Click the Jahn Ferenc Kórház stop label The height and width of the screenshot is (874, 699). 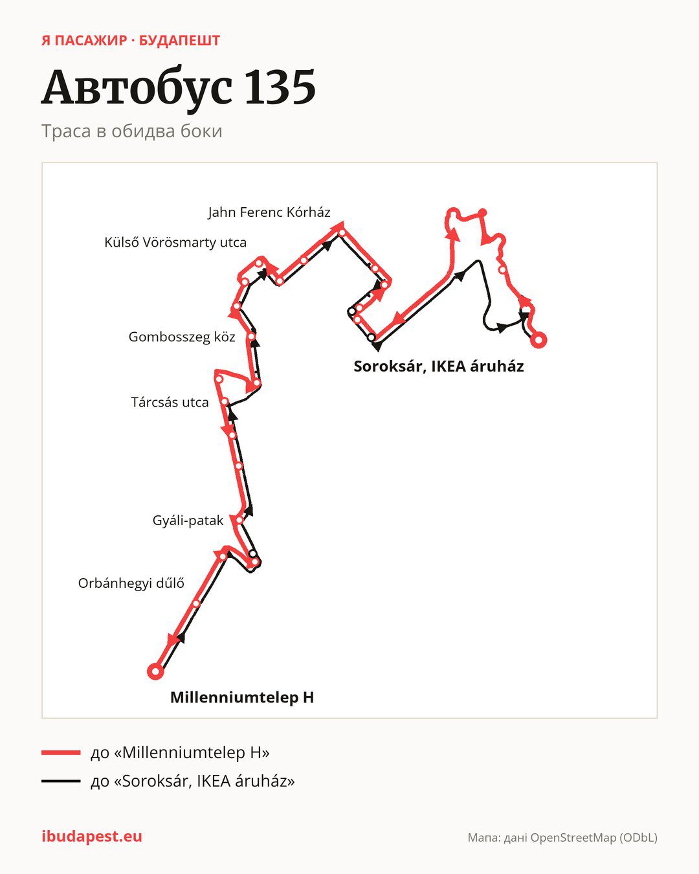[269, 212]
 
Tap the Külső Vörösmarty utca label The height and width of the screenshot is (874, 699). [175, 243]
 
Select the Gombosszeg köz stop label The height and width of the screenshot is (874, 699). [182, 337]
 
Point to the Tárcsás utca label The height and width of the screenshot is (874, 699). [170, 402]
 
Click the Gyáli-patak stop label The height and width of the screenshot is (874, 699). [188, 521]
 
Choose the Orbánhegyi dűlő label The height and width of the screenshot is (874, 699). [131, 583]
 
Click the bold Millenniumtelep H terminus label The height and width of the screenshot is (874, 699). [242, 697]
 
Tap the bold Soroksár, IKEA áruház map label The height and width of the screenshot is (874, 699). [439, 366]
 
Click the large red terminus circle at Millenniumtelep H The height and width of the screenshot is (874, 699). [155, 671]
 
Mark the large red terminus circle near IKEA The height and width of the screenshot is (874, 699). [538, 340]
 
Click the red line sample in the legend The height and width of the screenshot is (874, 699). [61, 752]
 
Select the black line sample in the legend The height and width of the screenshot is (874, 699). [61, 781]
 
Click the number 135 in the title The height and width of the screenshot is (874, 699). [280, 87]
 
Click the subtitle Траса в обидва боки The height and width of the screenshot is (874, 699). [132, 131]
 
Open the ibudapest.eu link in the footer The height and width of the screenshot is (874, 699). [92, 836]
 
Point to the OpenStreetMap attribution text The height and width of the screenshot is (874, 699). [562, 838]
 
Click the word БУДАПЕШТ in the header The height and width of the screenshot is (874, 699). [179, 41]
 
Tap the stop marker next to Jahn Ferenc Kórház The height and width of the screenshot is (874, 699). [342, 232]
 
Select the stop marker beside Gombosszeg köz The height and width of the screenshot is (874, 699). [251, 336]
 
